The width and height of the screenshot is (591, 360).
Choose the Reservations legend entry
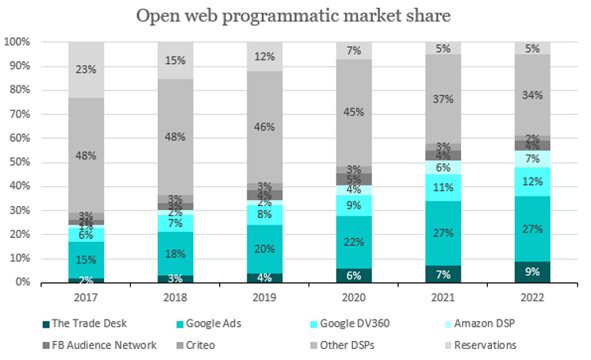click(x=481, y=345)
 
